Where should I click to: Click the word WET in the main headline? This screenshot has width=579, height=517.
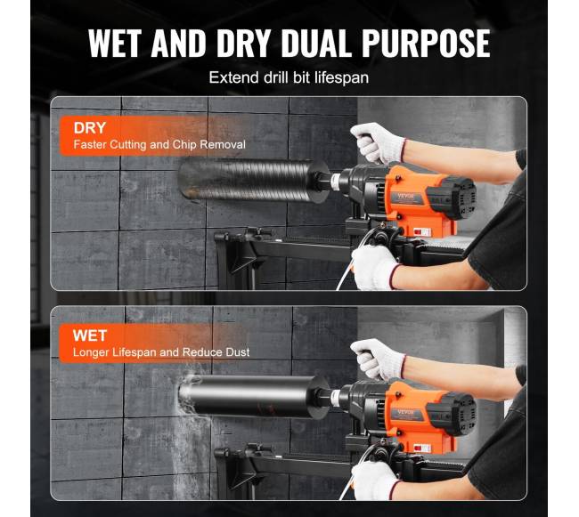click(x=115, y=43)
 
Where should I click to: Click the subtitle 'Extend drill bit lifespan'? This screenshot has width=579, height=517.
click(x=289, y=77)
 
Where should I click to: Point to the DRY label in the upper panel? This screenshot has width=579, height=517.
click(x=90, y=128)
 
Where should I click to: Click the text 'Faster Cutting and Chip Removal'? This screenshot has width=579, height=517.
click(x=159, y=144)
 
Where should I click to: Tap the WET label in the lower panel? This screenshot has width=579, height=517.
click(x=90, y=335)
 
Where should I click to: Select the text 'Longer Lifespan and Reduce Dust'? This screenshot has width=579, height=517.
click(x=161, y=352)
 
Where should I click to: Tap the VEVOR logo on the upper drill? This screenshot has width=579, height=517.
click(x=406, y=196)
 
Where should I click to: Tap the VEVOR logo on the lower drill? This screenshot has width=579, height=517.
click(x=406, y=412)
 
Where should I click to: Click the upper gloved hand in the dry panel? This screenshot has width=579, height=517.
click(x=378, y=142)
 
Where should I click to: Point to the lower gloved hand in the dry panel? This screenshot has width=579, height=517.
click(x=376, y=266)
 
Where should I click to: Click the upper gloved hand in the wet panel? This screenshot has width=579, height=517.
click(x=378, y=359)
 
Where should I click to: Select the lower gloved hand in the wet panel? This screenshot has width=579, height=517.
click(x=376, y=481)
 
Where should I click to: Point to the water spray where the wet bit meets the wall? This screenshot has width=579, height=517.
click(x=187, y=394)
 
